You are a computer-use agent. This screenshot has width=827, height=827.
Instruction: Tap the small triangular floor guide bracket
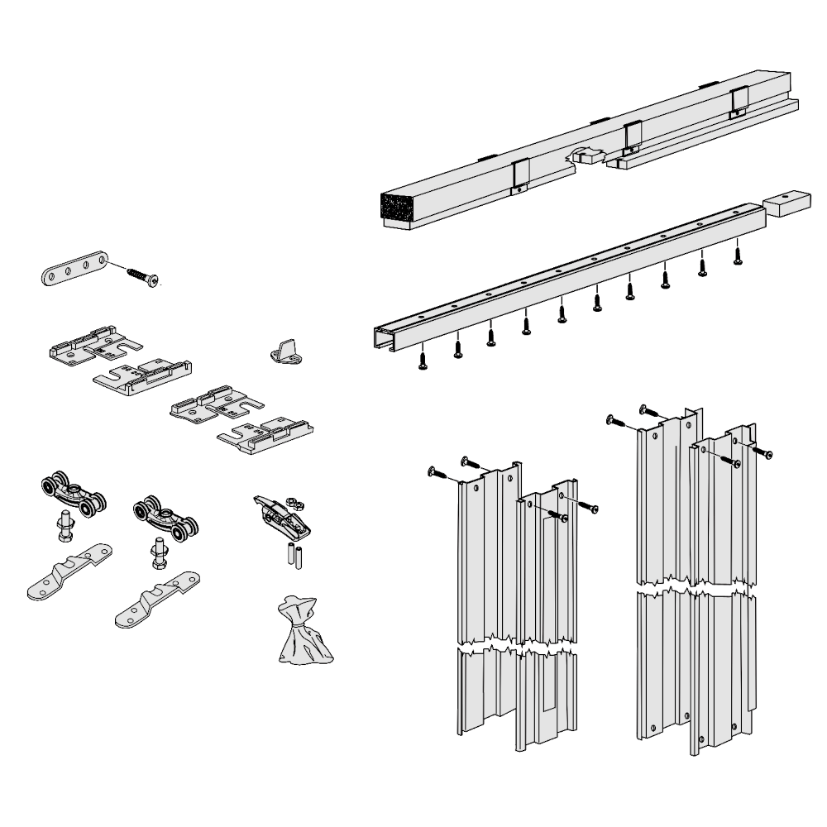pos(285,351)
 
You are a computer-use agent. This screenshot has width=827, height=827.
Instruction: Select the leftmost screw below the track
pos(423,361)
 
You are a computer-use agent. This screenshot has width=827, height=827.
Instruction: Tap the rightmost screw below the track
pos(738,254)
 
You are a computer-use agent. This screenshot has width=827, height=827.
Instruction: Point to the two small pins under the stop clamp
pos(294,557)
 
